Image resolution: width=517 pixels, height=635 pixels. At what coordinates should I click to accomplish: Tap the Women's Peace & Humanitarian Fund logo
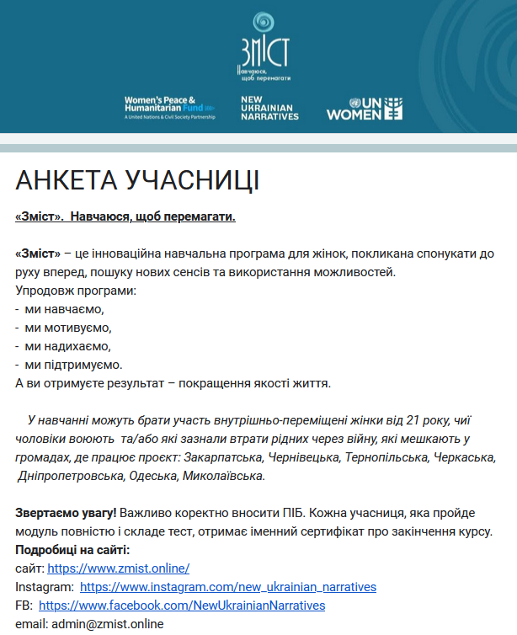coord(169,108)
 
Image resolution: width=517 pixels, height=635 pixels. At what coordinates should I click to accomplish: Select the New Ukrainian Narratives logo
coord(269,108)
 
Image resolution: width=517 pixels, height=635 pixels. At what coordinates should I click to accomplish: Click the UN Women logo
coord(365,108)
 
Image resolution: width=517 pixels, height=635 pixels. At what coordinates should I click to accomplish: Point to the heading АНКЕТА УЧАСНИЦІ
coord(137,181)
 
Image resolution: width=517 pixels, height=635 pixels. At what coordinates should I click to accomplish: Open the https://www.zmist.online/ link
coord(118,568)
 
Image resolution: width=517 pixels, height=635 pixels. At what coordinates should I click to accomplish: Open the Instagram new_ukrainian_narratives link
coord(228,587)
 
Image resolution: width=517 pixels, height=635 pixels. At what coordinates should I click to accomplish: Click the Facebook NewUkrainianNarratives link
coord(182,606)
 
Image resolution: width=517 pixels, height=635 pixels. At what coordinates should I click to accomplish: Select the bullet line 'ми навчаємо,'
coord(64,309)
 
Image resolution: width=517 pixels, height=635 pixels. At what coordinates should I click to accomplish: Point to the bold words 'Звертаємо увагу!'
coord(66,513)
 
